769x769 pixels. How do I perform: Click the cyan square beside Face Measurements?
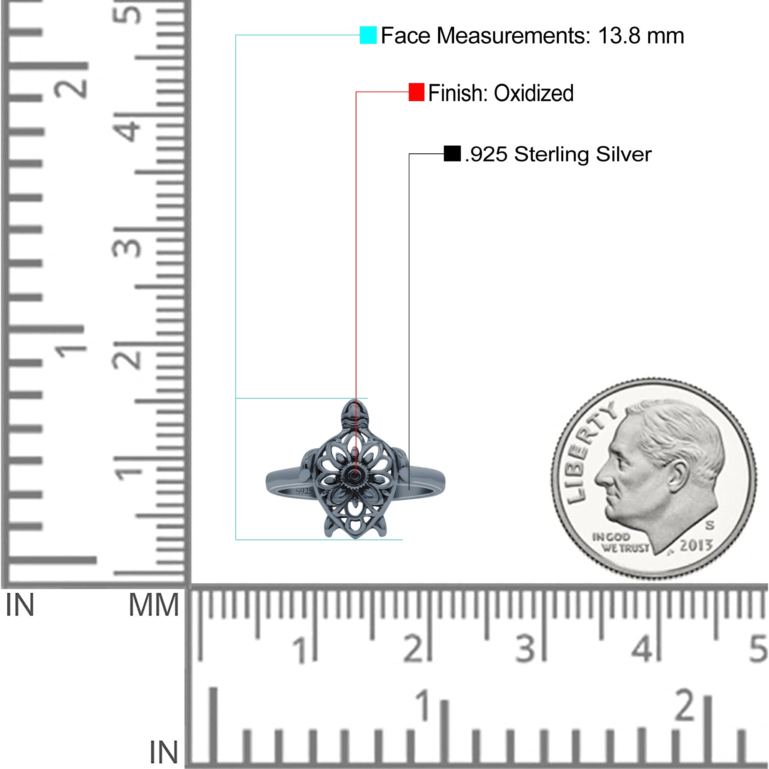(368, 35)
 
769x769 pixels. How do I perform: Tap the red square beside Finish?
(416, 92)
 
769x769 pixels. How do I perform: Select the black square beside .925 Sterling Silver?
(452, 154)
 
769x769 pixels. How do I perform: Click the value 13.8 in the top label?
(619, 36)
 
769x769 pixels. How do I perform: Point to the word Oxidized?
(534, 93)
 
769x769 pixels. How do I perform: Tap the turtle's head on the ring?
(355, 414)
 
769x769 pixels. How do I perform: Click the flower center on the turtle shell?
(355, 475)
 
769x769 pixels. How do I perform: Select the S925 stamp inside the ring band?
(304, 491)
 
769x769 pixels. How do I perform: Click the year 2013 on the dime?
(696, 545)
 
